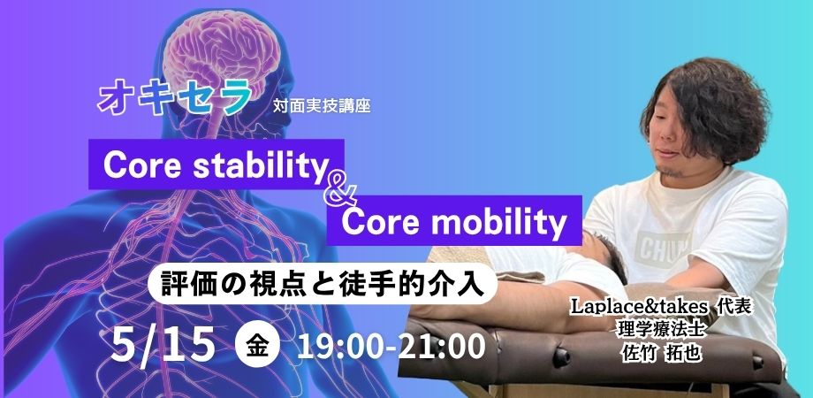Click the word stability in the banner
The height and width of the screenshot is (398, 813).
(x=254, y=163)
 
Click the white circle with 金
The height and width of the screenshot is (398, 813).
(x=258, y=345)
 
